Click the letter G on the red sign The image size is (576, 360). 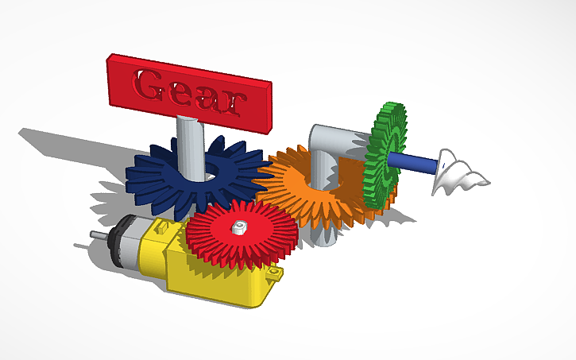[148, 82]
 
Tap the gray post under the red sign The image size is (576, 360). [191, 143]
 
